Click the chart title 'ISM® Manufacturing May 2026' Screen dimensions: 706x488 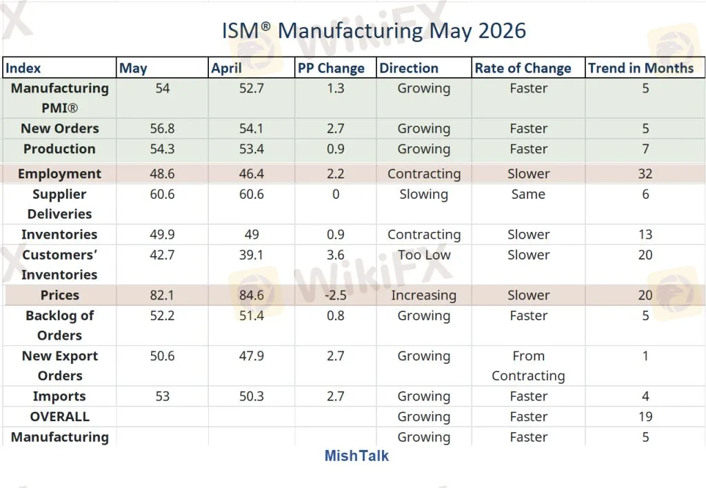(x=374, y=31)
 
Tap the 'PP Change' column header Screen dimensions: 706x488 (x=331, y=68)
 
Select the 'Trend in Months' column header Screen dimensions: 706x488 (x=641, y=68)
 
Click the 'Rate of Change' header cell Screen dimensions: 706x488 (x=523, y=68)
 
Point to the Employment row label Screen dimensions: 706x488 (x=59, y=174)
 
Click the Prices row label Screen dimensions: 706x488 (x=59, y=295)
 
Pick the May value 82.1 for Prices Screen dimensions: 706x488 (x=162, y=295)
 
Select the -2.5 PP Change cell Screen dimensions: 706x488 (x=336, y=295)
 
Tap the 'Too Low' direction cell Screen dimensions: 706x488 (x=424, y=255)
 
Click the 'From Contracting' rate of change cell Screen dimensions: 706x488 (x=528, y=365)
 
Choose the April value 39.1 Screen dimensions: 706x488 (x=251, y=255)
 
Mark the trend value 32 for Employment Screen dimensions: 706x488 (x=645, y=174)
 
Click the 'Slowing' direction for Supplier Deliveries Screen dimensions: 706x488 (x=424, y=195)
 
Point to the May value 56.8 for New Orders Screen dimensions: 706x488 (x=162, y=129)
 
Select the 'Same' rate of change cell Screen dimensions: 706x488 (x=528, y=194)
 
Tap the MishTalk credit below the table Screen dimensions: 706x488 (x=356, y=456)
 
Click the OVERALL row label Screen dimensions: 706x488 (x=59, y=417)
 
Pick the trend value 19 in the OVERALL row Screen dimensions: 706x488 (x=645, y=417)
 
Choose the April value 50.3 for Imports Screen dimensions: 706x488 (x=251, y=396)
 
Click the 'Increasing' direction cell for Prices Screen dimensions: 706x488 (x=424, y=295)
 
